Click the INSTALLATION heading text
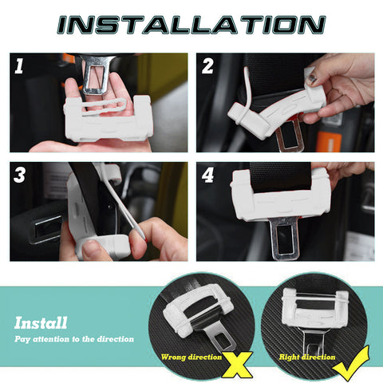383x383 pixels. click(x=191, y=23)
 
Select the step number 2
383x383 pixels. click(x=207, y=67)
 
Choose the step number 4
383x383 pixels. click(x=207, y=176)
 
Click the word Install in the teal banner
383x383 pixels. click(x=41, y=323)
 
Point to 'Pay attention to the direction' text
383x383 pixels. click(x=73, y=339)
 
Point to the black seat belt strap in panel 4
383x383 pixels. click(x=280, y=176)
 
